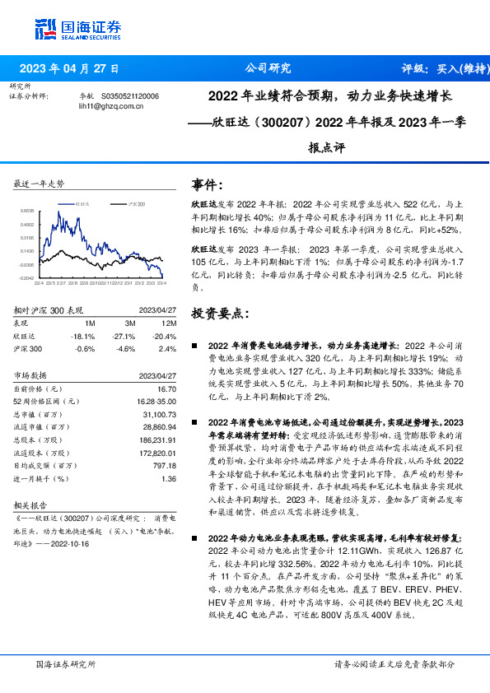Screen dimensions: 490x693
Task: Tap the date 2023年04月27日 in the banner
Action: tap(69, 68)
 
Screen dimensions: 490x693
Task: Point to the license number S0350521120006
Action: tap(132, 96)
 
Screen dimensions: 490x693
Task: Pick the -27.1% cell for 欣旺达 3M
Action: tap(124, 337)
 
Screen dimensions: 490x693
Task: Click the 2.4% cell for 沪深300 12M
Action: tap(167, 349)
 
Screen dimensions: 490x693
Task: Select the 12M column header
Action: tap(167, 323)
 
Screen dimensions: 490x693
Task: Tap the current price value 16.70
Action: tap(166, 388)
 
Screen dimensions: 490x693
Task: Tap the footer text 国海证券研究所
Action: tap(65, 663)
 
